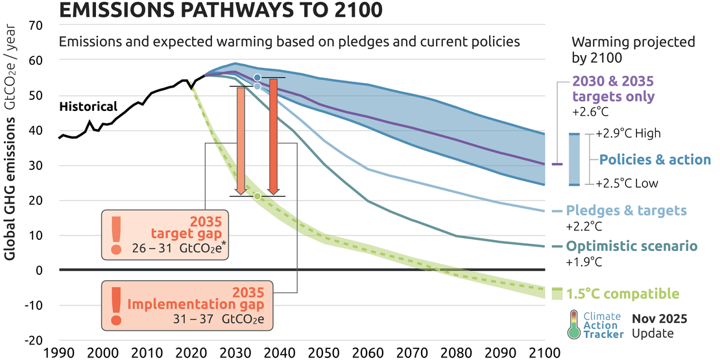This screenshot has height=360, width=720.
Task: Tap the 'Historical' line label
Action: tap(88, 107)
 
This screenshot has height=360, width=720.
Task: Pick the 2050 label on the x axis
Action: tap(322, 353)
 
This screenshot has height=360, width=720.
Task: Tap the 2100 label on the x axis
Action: tap(542, 353)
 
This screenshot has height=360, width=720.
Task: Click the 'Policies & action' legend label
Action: tap(655, 160)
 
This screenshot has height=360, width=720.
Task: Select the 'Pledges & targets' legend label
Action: tap(627, 211)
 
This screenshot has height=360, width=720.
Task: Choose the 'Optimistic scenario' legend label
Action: tap(632, 246)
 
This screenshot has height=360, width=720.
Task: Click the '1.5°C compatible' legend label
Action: tap(623, 294)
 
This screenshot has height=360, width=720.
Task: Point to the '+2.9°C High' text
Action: tap(628, 134)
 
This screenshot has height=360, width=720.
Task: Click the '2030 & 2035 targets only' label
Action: tap(613, 90)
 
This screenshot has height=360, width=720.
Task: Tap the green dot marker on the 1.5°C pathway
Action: tap(258, 196)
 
